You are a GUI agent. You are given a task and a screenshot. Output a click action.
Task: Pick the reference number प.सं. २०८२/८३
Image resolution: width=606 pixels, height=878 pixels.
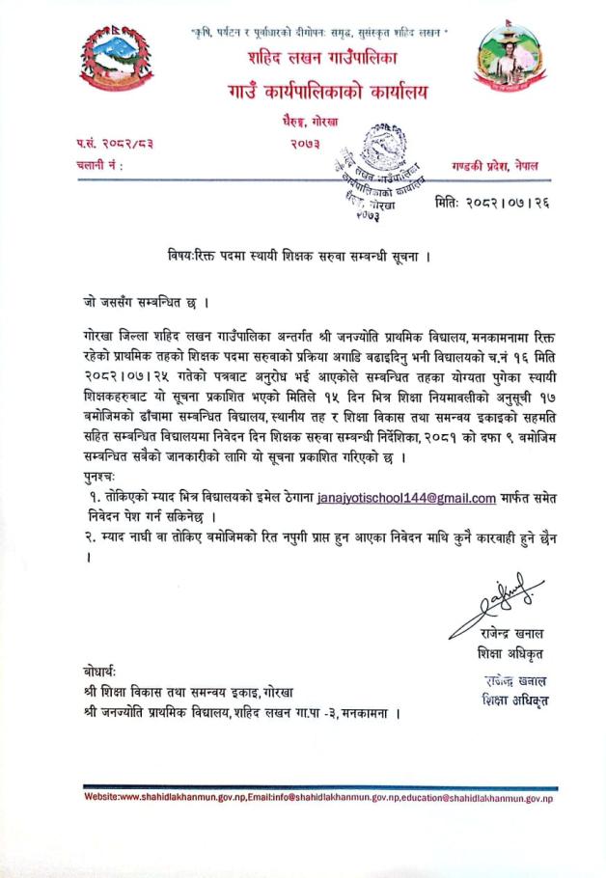pos(115,144)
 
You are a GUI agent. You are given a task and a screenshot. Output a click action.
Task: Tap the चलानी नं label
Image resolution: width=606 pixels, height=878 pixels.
pos(99,165)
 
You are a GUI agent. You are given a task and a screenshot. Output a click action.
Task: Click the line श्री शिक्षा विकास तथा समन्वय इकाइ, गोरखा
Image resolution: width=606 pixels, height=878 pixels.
pos(187,692)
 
